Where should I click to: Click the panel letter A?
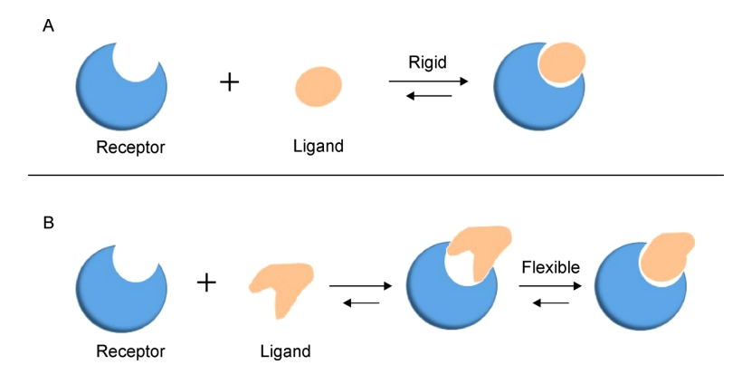[48, 25]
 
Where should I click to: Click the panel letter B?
[48, 220]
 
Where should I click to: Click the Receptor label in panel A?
[130, 146]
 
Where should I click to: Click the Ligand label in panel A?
[319, 145]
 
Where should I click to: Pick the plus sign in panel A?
[230, 82]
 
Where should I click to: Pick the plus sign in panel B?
[207, 283]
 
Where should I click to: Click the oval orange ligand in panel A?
[319, 86]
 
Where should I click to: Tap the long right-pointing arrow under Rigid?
[428, 82]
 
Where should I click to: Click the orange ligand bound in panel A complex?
[561, 62]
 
